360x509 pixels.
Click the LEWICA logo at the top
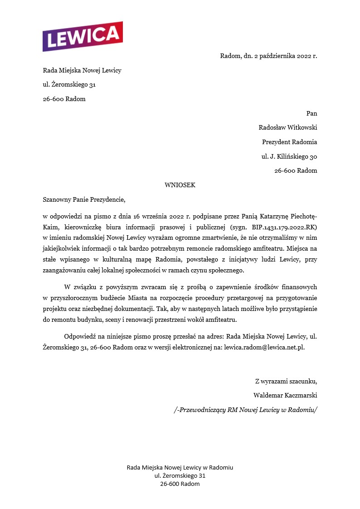[83, 36]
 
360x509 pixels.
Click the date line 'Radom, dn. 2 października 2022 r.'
[268, 56]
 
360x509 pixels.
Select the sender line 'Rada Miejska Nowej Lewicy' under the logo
[82, 70]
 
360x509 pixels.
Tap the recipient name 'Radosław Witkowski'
[287, 127]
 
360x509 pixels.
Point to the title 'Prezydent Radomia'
[289, 142]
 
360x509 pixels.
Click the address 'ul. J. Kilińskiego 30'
[289, 156]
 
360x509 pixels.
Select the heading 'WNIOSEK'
[180, 185]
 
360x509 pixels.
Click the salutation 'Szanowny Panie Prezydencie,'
[83, 199]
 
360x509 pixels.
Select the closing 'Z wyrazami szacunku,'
[286, 380]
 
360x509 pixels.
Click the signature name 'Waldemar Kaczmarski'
[285, 395]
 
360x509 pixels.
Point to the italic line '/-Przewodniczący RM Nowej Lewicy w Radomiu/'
[246, 409]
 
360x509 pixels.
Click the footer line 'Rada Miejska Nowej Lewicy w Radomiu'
[180, 467]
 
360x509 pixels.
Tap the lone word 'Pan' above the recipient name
[311, 113]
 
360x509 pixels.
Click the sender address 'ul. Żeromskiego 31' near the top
[69, 85]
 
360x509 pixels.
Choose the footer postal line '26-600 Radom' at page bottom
[180, 484]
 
